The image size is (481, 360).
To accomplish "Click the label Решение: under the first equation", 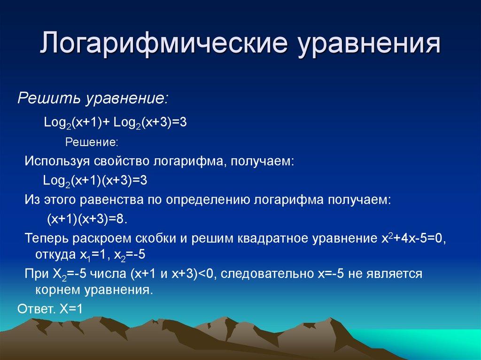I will tap(91, 142).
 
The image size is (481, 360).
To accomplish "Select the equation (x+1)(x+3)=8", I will tap(87, 219).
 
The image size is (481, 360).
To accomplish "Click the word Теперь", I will tap(47, 238).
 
